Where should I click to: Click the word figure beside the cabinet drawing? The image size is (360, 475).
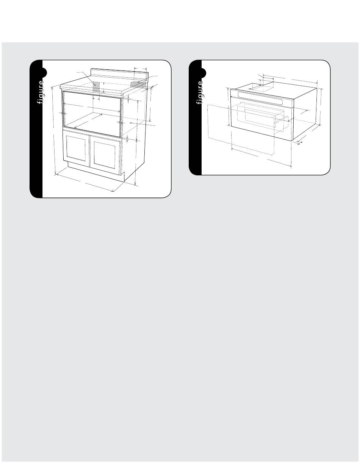click(41, 92)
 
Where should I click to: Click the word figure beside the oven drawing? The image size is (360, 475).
click(200, 92)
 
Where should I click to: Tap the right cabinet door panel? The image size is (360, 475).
click(104, 155)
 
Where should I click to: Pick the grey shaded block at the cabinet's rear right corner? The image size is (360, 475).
click(138, 84)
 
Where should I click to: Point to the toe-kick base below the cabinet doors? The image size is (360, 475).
click(96, 172)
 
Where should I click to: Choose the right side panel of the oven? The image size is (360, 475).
click(305, 114)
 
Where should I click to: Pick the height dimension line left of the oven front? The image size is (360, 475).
click(229, 107)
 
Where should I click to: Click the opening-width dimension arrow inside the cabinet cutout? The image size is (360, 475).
click(92, 108)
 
